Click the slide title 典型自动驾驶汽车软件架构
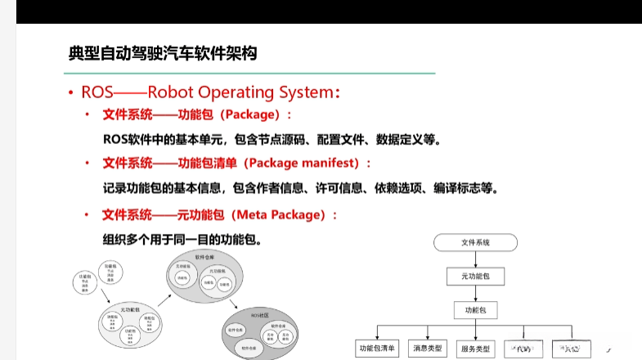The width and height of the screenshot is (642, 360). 163,54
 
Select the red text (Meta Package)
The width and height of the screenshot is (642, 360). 284,215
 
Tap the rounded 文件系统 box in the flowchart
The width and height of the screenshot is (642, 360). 475,243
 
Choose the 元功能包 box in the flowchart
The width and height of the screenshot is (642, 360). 475,277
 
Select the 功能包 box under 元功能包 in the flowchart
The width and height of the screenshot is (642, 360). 475,311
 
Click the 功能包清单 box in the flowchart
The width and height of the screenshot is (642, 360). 377,348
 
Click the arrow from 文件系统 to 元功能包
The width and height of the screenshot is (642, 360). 475,259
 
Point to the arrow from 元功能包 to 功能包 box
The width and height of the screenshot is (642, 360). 475,294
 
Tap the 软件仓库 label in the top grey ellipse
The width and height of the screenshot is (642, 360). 204,257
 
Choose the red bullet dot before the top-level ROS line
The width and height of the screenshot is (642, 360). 71,92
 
